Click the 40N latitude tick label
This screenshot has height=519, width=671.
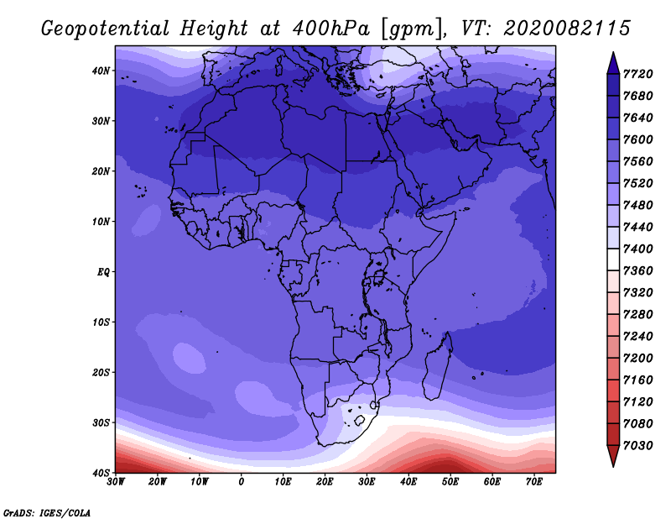pos(101,71)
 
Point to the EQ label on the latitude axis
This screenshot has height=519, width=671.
pos(103,272)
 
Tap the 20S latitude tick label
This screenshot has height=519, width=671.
pos(101,372)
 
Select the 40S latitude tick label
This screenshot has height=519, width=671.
pos(101,473)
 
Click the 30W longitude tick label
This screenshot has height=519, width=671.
pos(116,482)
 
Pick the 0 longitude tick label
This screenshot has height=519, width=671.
pos(242,482)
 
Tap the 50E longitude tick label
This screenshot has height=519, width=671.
pos(450,482)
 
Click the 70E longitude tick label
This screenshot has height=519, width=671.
pos(534,482)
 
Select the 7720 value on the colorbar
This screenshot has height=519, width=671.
pos(638,74)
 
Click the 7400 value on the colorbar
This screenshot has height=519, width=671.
pos(638,249)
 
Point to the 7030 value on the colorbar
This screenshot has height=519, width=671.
pos(638,446)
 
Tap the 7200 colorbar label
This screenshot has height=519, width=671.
pos(638,359)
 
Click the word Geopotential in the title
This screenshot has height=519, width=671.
pos(106,29)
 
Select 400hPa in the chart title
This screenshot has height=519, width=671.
pos(330,29)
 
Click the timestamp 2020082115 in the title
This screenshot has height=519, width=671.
pos(567,28)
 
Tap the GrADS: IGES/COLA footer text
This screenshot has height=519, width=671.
pos(47,512)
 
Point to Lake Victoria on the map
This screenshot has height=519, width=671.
pos(379,277)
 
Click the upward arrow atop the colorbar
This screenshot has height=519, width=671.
pos(613,63)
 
